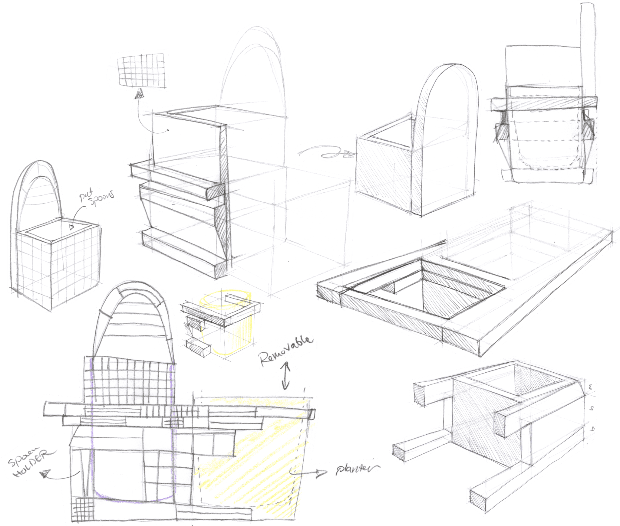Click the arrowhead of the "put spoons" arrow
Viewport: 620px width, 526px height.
coord(72,227)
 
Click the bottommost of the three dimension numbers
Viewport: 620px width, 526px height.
coord(592,429)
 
